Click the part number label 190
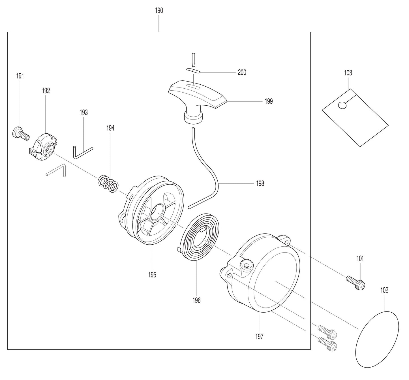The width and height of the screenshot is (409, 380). [159, 11]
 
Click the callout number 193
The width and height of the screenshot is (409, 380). [83, 112]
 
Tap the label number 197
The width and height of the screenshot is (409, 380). [259, 336]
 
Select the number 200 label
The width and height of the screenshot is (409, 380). [242, 72]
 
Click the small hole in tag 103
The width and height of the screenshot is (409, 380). [342, 105]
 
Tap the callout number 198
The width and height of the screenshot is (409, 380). [260, 183]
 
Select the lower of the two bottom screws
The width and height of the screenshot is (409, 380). [327, 343]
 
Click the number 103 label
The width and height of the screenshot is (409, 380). [348, 73]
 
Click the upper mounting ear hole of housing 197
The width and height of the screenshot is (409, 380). [286, 243]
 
